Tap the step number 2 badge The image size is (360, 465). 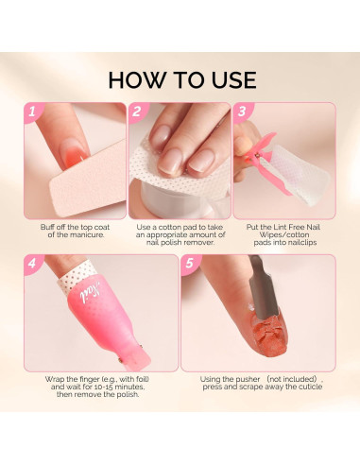(138, 113)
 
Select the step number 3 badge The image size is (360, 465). (242, 113)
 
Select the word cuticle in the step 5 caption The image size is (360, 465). (302, 387)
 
